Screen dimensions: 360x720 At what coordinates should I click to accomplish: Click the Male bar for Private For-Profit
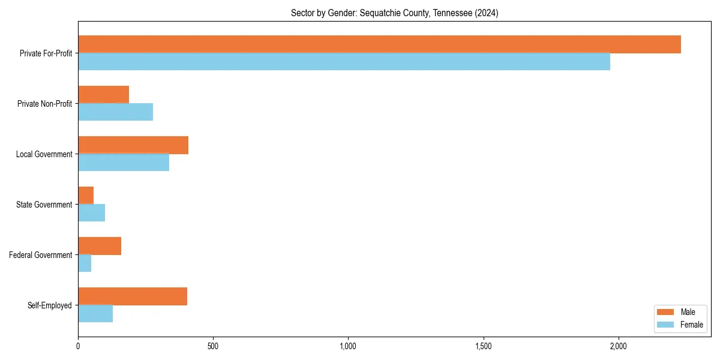tap(379, 44)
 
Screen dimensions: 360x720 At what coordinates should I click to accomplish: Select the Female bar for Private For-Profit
tap(344, 62)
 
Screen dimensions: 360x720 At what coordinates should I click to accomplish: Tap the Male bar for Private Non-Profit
tap(103, 95)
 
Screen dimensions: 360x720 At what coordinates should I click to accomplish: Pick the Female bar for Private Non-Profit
tap(115, 112)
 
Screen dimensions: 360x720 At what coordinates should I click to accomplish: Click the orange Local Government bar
tap(133, 145)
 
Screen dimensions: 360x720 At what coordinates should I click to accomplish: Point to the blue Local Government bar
tap(124, 163)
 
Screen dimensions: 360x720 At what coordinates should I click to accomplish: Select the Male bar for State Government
tap(86, 196)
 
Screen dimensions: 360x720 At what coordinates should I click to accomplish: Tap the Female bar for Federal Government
tap(85, 263)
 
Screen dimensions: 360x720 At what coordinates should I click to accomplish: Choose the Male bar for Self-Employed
tap(133, 296)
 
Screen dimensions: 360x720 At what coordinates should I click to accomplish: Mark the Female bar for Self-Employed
tap(95, 314)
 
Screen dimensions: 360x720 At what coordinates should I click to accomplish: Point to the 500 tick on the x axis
tap(213, 346)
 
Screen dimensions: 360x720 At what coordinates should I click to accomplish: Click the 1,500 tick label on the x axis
tap(483, 346)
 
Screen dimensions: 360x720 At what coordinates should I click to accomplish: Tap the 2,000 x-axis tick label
tap(618, 346)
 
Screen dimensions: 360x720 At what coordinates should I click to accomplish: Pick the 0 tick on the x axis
tap(78, 346)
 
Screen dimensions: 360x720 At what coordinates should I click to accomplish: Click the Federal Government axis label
tap(41, 255)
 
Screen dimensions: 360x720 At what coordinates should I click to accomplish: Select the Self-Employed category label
tap(50, 305)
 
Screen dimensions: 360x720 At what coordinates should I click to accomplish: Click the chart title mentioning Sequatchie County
tap(394, 13)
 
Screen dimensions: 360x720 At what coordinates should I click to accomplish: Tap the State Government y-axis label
tap(44, 205)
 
